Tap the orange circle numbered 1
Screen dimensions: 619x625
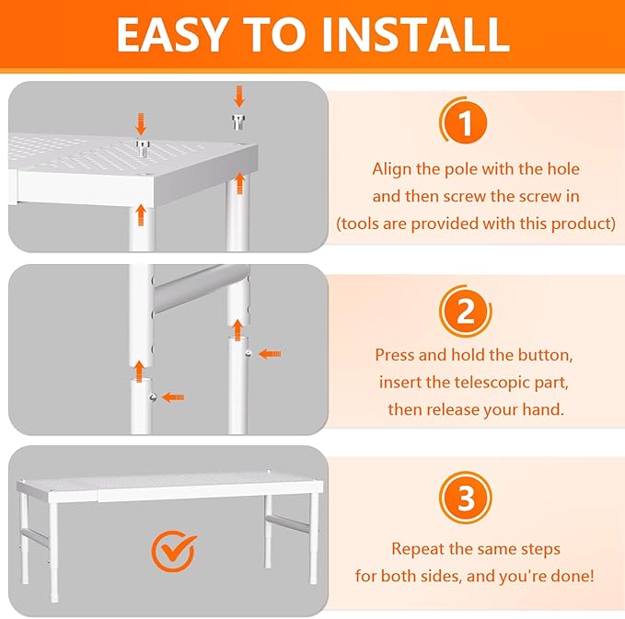(466, 124)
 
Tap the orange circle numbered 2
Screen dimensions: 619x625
(466, 311)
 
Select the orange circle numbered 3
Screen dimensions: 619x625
(466, 499)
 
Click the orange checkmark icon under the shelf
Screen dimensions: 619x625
(173, 552)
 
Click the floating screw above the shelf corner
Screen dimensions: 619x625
(238, 120)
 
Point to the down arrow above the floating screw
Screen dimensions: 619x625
(238, 96)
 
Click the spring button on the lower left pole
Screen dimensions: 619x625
(151, 396)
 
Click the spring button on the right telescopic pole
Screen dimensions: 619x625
(246, 353)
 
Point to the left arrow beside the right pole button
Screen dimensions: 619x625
(269, 353)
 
